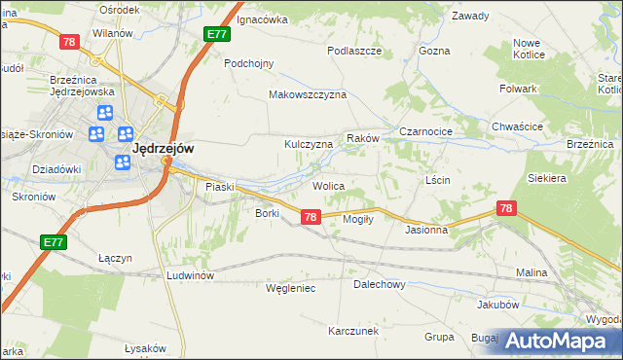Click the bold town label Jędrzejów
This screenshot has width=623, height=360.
coord(163,148)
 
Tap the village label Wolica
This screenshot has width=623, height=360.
coord(329,185)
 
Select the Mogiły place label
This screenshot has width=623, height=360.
coord(359,219)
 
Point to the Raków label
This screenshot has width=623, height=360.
coord(362,139)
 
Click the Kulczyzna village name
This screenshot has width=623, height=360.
coord(309,144)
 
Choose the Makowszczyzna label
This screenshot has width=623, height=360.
coord(308,95)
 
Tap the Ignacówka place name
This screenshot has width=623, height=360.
coord(263,18)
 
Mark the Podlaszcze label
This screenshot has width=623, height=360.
coord(353,51)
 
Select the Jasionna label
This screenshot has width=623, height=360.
coord(426,231)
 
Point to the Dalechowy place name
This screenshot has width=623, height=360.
coord(379,285)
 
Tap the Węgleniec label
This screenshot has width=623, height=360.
coord(291,288)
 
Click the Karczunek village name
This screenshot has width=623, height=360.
coord(353,331)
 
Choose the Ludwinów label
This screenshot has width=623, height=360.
coord(190,275)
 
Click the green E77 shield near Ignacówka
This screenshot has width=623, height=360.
coord(217,34)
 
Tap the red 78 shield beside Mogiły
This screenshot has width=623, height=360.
coord(310,217)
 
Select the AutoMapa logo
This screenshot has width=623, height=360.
coord(558,340)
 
